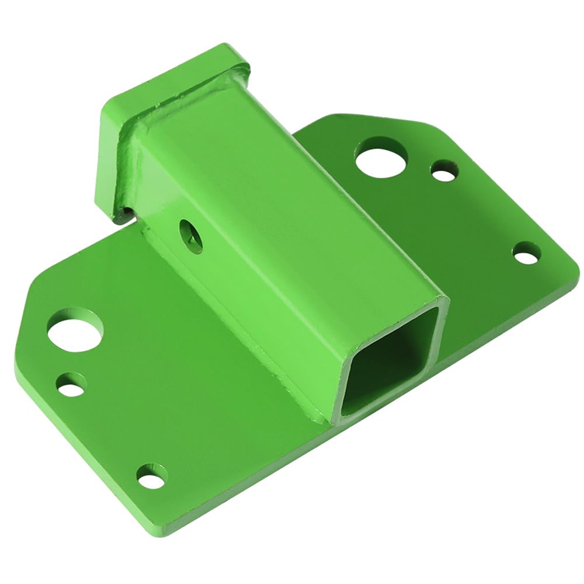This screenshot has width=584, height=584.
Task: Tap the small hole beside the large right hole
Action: point(444,171)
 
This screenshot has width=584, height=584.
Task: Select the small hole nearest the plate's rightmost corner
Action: point(526,254)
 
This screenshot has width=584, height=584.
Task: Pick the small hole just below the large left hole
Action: point(71,385)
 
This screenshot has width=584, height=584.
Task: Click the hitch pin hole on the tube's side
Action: point(191,235)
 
